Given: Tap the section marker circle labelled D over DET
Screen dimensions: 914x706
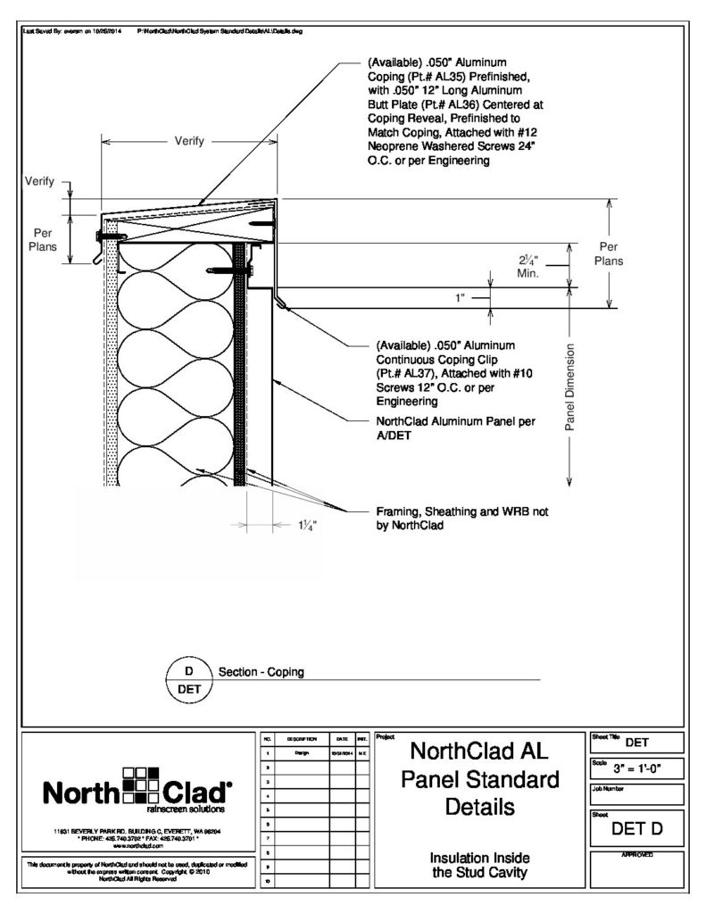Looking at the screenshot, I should pyautogui.click(x=188, y=679).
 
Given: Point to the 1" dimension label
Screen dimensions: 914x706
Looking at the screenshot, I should pyautogui.click(x=460, y=297).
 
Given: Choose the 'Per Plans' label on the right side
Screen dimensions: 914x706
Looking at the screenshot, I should pyautogui.click(x=609, y=254).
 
